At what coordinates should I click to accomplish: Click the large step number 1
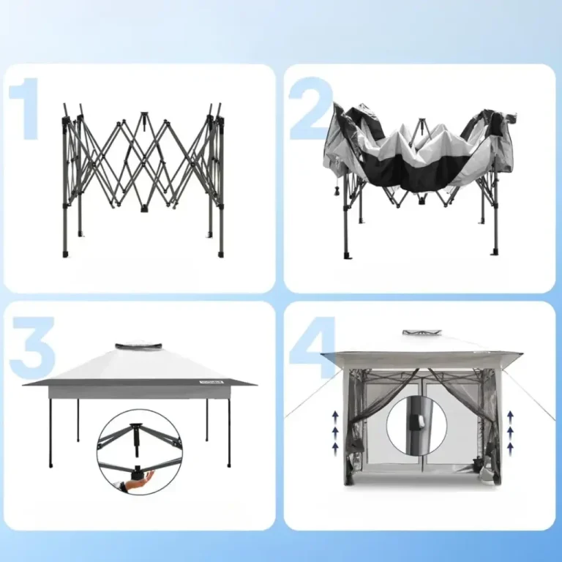click(25, 109)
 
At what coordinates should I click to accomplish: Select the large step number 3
click(32, 347)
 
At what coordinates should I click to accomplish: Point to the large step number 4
click(312, 347)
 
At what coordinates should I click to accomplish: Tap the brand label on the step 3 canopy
click(211, 381)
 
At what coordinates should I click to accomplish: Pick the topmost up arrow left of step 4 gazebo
click(335, 416)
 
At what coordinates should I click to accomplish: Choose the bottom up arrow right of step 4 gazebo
click(510, 447)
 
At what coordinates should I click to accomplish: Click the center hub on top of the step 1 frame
click(143, 116)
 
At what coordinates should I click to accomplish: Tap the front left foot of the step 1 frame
click(65, 254)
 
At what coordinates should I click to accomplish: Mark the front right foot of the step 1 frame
click(221, 254)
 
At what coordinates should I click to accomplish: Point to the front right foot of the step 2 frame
click(495, 252)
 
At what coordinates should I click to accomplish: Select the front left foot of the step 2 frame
click(347, 255)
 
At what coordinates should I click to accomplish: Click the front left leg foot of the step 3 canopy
click(50, 465)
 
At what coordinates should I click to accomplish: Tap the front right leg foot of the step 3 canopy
click(228, 465)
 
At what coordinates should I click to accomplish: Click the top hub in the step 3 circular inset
click(136, 427)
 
